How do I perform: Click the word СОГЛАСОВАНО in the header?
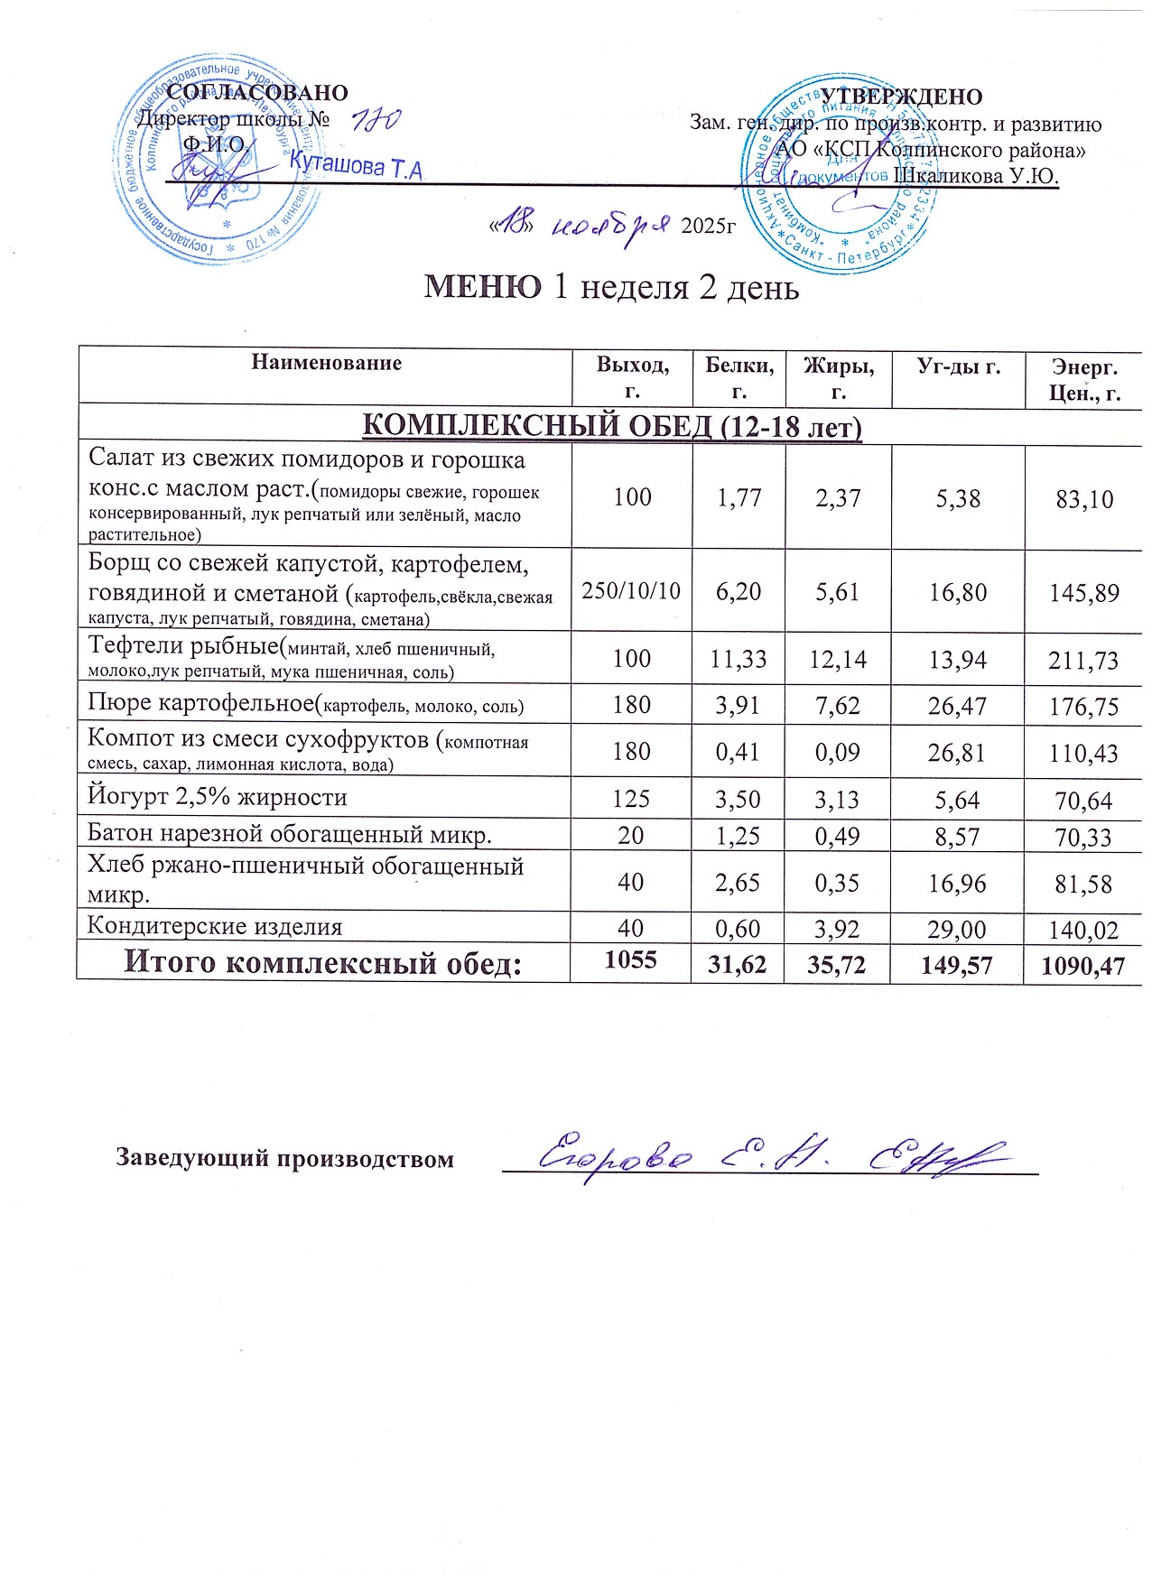coord(257,93)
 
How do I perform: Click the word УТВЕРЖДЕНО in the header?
coord(901,97)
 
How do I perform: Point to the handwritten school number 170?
coord(375,123)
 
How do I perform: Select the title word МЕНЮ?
coord(483,287)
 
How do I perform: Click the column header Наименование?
coord(326,363)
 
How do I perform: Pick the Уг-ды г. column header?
coord(958,366)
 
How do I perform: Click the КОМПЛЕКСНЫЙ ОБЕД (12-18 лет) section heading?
coord(611,425)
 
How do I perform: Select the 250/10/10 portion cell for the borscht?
coord(631,591)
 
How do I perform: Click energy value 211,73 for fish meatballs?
coord(1083,660)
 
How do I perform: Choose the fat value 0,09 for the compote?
coord(838,753)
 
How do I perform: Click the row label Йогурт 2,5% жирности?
coord(217,798)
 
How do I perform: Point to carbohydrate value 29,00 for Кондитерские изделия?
coord(957,929)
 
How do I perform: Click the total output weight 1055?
coord(630,959)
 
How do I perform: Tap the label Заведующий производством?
coord(284,1159)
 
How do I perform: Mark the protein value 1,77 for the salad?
coord(739,497)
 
